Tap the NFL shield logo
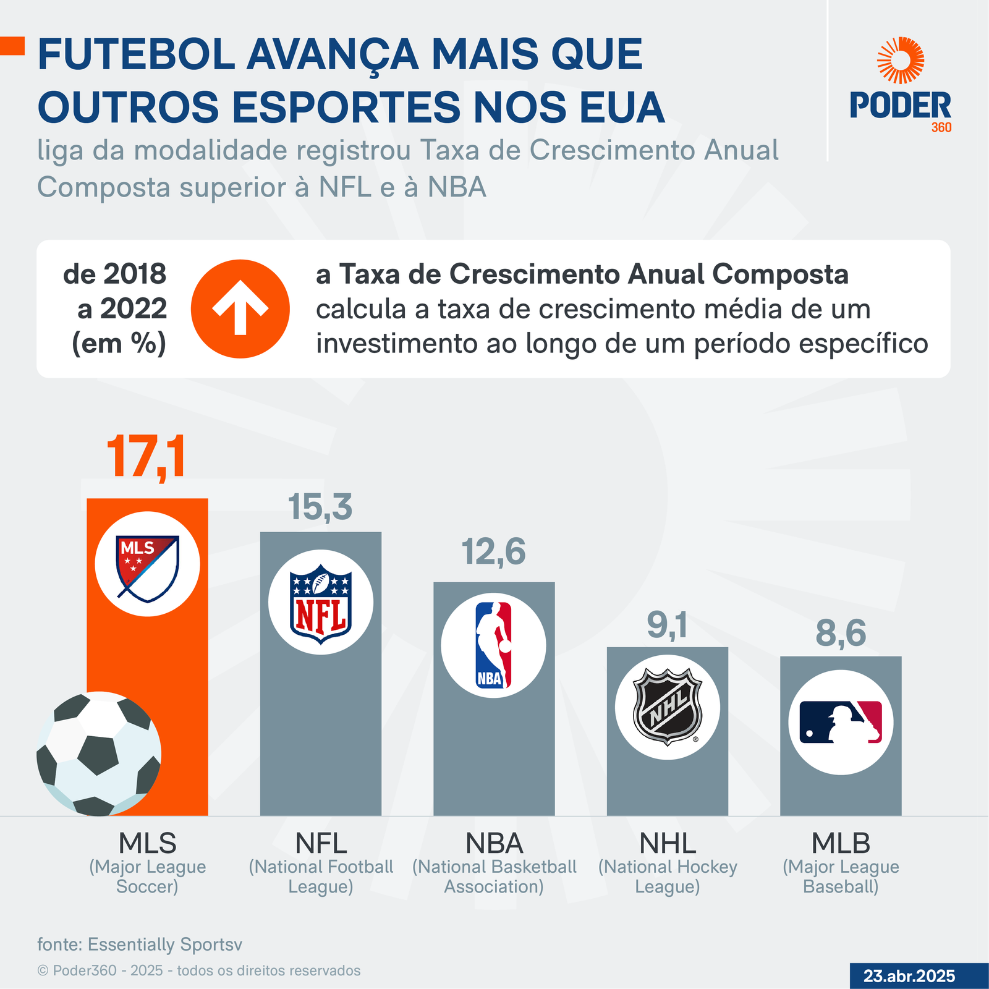[321, 602]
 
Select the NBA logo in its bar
[493, 645]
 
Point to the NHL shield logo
[668, 708]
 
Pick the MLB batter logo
[841, 722]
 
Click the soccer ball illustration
[99, 753]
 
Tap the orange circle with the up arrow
[240, 308]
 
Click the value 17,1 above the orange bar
[146, 457]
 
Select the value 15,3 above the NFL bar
[320, 507]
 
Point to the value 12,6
[493, 551]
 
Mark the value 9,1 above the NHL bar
[667, 626]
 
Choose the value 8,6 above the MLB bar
[841, 633]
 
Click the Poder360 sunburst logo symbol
[901, 60]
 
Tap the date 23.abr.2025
[909, 976]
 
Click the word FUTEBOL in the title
[136, 54]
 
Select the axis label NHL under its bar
[668, 843]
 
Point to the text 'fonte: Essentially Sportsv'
[140, 944]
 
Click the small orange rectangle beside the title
[12, 46]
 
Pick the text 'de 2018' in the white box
[115, 274]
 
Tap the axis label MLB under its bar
[841, 843]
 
